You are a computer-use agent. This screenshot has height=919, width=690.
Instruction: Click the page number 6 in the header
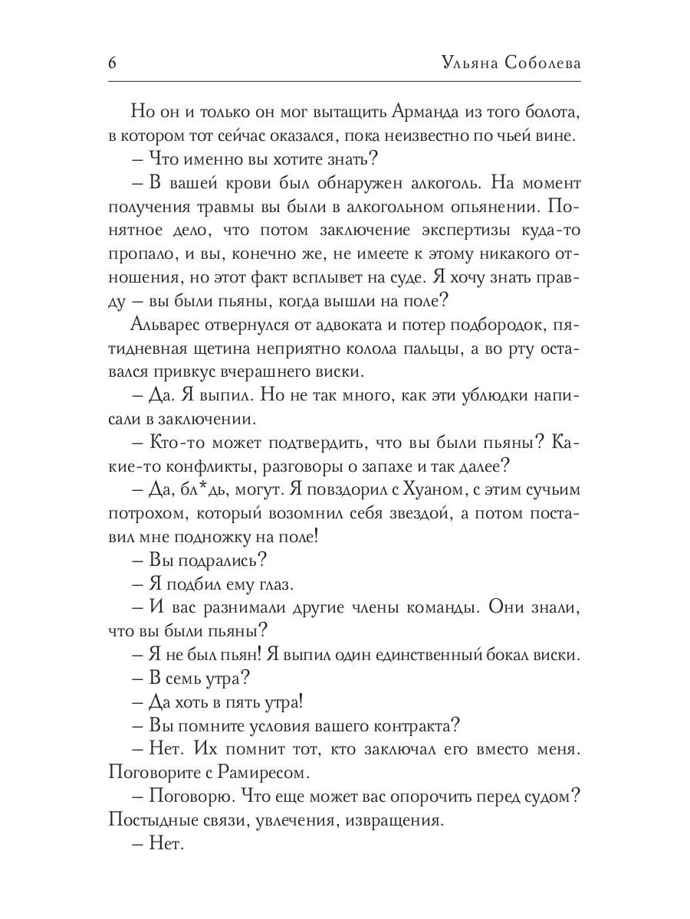coord(112,63)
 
